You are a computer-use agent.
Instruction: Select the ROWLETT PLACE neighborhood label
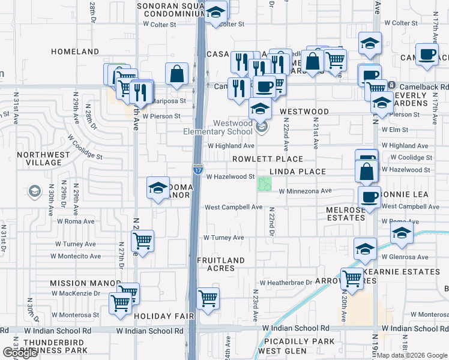pos(268,159)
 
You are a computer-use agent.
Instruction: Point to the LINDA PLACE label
pos(297,172)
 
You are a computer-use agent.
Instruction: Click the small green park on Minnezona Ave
pos(264,184)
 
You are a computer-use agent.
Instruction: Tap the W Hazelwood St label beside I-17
pos(231,177)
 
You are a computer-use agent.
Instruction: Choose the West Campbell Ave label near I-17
pos(234,207)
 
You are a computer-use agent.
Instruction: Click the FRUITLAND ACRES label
pos(221,264)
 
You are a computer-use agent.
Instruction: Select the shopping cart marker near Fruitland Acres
pos(207,298)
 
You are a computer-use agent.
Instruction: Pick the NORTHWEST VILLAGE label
pos(40,158)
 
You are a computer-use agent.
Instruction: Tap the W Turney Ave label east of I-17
pos(223,238)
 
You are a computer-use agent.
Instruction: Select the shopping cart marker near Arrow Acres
pos(352,278)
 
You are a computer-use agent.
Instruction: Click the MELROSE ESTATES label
pos(345,214)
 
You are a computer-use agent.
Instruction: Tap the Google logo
pos(20,353)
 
